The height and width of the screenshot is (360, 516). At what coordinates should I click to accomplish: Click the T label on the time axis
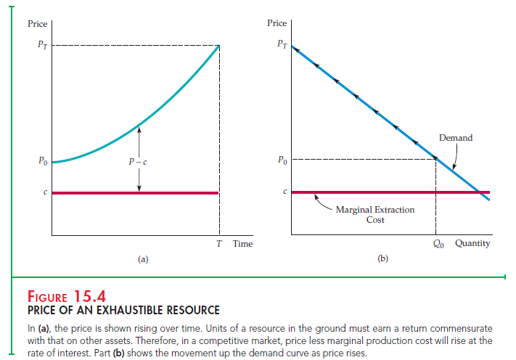(219, 244)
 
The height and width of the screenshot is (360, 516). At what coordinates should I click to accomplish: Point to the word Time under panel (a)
(242, 244)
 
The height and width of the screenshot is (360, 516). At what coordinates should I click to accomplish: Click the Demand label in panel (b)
(455, 138)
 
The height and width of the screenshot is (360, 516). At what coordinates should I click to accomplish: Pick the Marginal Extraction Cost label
(375, 214)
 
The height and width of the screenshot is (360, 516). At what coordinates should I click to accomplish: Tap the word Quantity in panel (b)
(472, 243)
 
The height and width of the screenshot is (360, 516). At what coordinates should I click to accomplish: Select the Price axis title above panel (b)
(277, 23)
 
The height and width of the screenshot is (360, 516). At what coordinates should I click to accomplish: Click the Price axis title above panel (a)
(37, 23)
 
